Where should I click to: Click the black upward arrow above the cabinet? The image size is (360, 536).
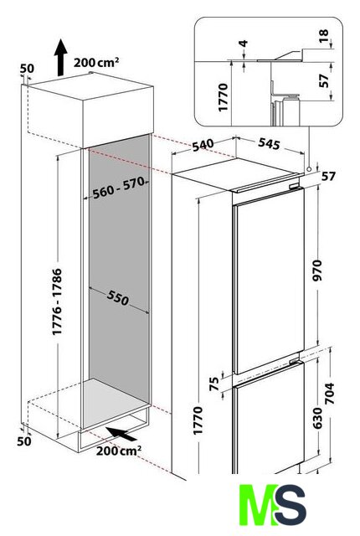pyautogui.click(x=61, y=58)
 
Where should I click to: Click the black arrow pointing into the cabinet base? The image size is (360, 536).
pyautogui.click(x=121, y=434)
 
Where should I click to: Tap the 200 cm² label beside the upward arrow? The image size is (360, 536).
pyautogui.click(x=96, y=63)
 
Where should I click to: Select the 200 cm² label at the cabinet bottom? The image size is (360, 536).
pyautogui.click(x=119, y=451)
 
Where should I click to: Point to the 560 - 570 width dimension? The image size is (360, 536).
pyautogui.click(x=119, y=188)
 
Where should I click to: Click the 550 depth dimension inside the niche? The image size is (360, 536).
pyautogui.click(x=118, y=297)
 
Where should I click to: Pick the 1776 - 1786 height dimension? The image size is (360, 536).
pyautogui.click(x=57, y=301)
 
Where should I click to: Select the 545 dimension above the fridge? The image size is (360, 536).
pyautogui.click(x=269, y=143)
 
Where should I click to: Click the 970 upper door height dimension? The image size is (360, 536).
pyautogui.click(x=317, y=270)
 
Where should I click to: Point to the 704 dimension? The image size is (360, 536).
pyautogui.click(x=330, y=393)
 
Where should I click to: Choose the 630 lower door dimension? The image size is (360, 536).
pyautogui.click(x=317, y=418)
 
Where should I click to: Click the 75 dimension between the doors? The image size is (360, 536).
pyautogui.click(x=214, y=384)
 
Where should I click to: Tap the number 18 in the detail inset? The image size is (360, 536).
pyautogui.click(x=323, y=36)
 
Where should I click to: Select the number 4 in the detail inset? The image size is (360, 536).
pyautogui.click(x=244, y=44)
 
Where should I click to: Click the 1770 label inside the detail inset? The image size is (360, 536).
pyautogui.click(x=223, y=97)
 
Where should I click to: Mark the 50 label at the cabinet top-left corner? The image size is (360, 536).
pyautogui.click(x=27, y=69)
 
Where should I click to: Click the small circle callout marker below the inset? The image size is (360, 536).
pyautogui.click(x=309, y=169)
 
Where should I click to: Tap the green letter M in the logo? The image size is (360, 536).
pyautogui.click(x=258, y=504)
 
